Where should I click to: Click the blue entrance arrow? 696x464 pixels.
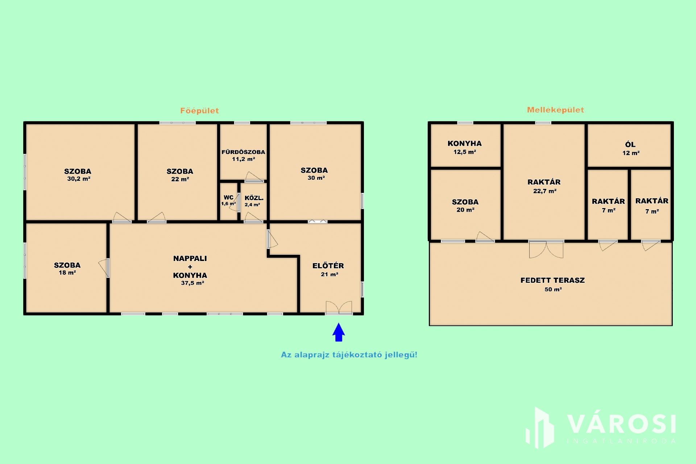[339, 332]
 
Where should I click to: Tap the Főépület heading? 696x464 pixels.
[199, 111]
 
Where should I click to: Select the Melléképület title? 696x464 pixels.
[555, 110]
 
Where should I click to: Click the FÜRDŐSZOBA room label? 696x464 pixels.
[243, 152]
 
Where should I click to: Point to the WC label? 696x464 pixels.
[228, 197]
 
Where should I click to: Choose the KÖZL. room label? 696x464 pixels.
[254, 198]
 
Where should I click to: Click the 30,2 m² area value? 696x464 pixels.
[79, 179]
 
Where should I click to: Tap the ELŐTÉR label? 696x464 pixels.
[328, 266]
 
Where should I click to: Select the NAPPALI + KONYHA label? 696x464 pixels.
[190, 267]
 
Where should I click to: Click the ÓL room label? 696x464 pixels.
[630, 144]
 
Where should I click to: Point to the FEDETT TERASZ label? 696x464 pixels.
[552, 280]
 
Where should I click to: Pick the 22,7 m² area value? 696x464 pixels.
[545, 191]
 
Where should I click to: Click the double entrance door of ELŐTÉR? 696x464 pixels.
[339, 307]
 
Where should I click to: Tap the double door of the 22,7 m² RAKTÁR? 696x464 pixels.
[546, 249]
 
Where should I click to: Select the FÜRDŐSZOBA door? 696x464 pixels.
[254, 177]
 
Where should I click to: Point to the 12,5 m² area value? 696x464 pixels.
[465, 152]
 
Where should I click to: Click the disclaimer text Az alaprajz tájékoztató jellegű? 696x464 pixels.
[349, 355]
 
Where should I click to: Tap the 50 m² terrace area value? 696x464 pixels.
[553, 289]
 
